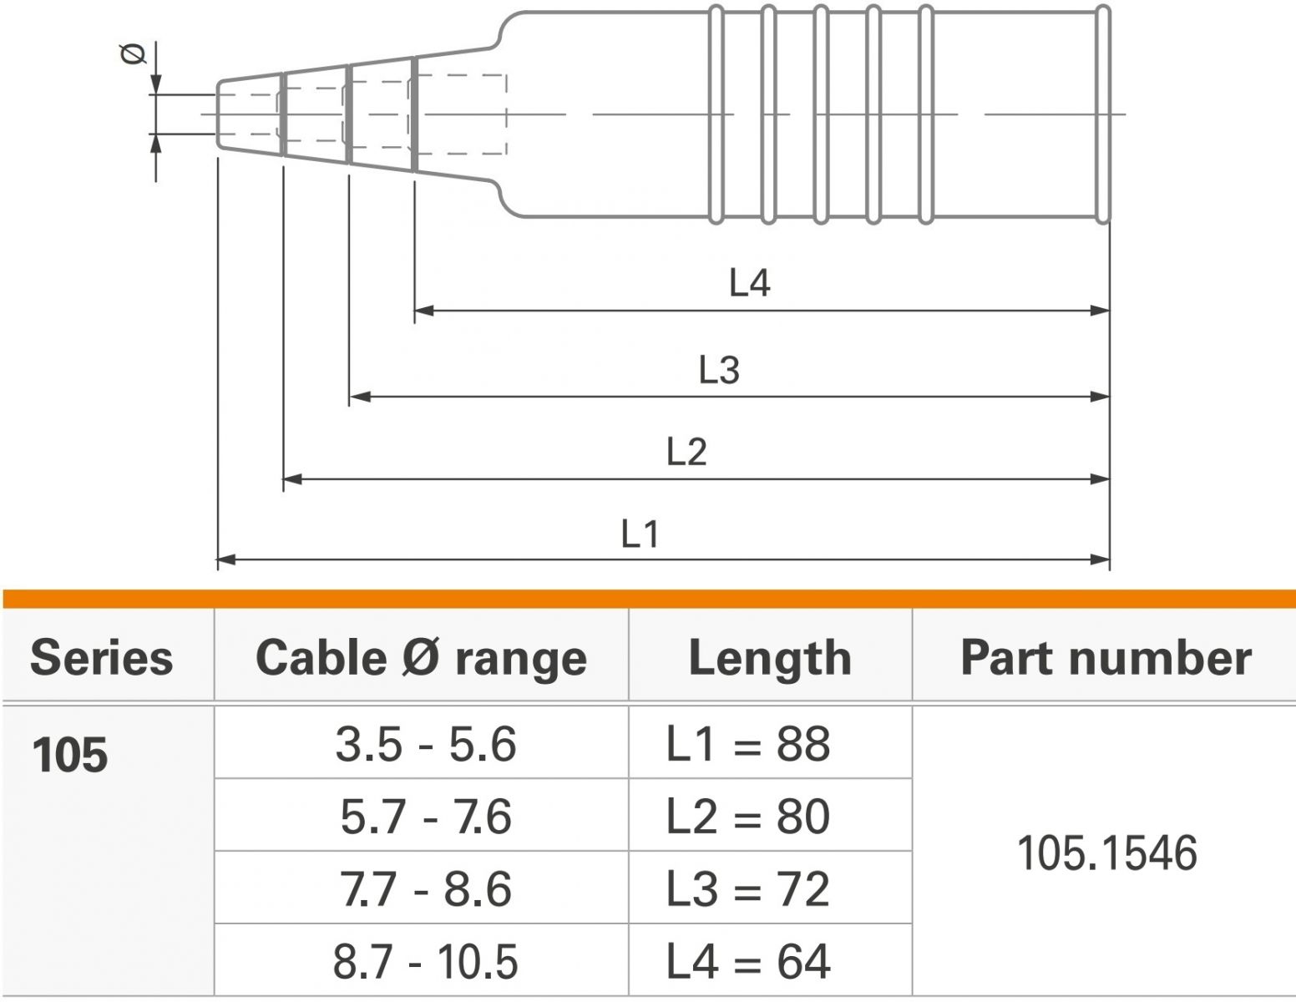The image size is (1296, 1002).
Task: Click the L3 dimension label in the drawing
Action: (719, 370)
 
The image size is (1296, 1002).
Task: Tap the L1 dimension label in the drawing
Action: (640, 534)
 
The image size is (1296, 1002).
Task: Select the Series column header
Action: (101, 657)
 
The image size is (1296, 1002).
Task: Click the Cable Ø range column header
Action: (421, 658)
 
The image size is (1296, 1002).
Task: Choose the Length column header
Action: (770, 659)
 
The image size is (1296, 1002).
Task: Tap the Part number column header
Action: (1106, 657)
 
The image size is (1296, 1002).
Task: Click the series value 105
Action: (70, 755)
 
